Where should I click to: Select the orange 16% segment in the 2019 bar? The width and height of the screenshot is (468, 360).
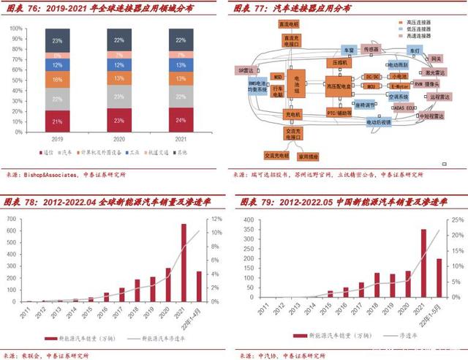click(x=57, y=78)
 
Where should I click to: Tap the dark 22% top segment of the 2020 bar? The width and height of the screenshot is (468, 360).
click(x=119, y=40)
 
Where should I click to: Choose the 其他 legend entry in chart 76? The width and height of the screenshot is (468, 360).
click(x=178, y=152)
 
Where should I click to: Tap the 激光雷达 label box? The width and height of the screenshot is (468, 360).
click(x=436, y=73)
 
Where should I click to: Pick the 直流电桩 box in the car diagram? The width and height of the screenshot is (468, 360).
click(x=290, y=25)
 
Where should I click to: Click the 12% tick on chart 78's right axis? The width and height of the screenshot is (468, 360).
click(x=216, y=219)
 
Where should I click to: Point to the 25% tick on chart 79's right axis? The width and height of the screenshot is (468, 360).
click(x=454, y=220)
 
